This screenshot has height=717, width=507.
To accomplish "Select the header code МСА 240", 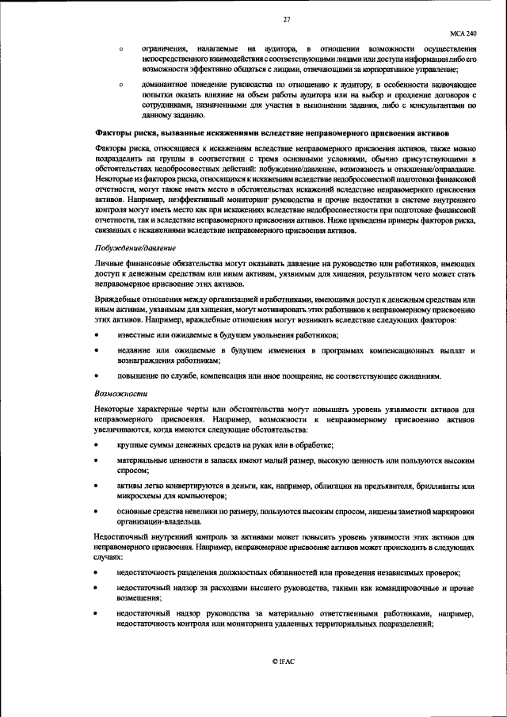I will [x=463, y=35].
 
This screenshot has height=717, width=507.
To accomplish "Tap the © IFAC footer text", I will [x=283, y=661].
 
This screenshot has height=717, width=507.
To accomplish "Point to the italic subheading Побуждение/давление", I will [x=131, y=249].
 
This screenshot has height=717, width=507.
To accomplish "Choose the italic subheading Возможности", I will [x=116, y=393].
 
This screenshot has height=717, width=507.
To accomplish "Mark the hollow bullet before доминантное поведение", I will [x=120, y=83].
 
